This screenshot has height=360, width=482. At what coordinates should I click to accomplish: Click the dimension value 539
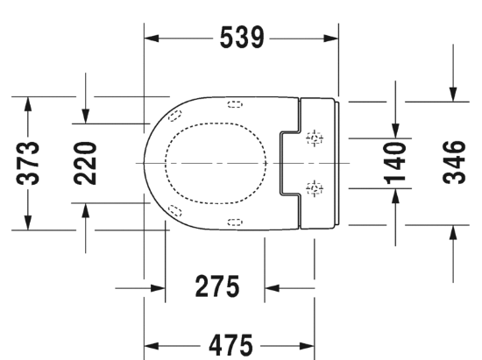(x=241, y=38)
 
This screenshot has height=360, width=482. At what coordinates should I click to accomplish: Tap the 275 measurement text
(x=216, y=286)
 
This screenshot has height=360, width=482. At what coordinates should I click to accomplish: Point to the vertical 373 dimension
(x=29, y=163)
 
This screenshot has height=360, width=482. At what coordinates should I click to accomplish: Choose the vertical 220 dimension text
(x=85, y=163)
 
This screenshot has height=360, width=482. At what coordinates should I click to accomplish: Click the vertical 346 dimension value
(x=453, y=163)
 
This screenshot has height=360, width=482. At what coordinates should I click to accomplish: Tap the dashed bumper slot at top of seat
(x=235, y=104)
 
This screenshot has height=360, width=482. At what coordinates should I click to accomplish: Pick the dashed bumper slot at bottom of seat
(x=235, y=221)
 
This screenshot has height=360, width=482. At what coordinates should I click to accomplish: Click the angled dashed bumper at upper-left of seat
(x=174, y=115)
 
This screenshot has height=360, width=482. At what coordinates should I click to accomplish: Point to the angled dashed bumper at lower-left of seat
(x=174, y=210)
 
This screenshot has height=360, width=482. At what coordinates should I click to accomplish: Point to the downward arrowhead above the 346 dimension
(x=453, y=95)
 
